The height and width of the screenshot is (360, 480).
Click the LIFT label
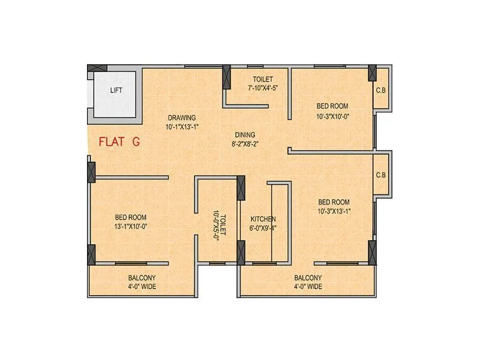tap(116, 91)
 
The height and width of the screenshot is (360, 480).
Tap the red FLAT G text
tap(119, 142)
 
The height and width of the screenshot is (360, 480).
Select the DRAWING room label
tap(182, 118)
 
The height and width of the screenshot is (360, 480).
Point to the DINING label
tap(245, 135)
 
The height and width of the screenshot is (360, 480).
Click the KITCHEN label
tap(263, 219)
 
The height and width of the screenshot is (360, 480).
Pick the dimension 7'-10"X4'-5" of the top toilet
tap(263, 88)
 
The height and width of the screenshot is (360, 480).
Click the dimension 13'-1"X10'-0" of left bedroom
tap(131, 226)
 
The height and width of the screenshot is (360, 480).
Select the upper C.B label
tap(380, 91)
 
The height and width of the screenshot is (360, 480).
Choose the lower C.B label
tap(380, 176)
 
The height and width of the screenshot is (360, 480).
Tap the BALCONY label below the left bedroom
tap(142, 278)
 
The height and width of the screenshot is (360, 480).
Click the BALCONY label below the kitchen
tap(308, 278)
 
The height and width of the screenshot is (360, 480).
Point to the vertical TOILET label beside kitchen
tap(223, 224)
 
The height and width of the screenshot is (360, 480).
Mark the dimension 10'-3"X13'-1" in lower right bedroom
tap(334, 211)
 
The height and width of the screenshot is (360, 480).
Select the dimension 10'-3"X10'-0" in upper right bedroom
tap(332, 116)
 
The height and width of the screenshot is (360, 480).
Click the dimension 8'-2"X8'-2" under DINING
tap(245, 144)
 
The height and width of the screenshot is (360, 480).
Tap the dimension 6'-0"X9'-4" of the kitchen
tap(263, 228)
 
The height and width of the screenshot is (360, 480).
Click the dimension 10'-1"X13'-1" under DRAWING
tap(182, 127)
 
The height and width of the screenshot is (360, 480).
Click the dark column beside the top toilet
tap(227, 77)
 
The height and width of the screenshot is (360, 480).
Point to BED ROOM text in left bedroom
tap(131, 217)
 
